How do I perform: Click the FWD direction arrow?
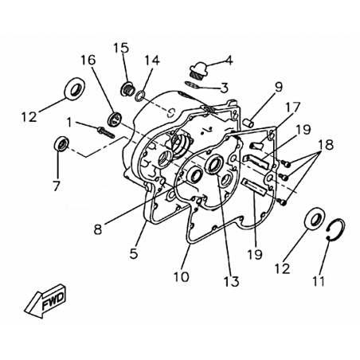pyautogui.click(x=45, y=300)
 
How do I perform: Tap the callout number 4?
pyautogui.click(x=229, y=61)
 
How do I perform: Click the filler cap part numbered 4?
pyautogui.click(x=201, y=68)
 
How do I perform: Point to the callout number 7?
pyautogui.click(x=56, y=186)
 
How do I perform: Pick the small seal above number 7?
pyautogui.click(x=61, y=143)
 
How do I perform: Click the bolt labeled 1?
pyautogui.click(x=106, y=132)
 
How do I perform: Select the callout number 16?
pyautogui.click(x=88, y=61)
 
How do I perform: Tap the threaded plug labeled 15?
pyautogui.click(x=127, y=88)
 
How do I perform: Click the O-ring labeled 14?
pyautogui.click(x=140, y=96)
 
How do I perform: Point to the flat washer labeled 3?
pyautogui.click(x=192, y=84)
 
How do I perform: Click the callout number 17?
pyautogui.click(x=292, y=107)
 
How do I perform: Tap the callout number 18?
pyautogui.click(x=326, y=145)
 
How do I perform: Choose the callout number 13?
pyautogui.click(x=232, y=281)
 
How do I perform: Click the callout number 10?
pyautogui.click(x=182, y=277)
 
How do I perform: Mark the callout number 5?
pyautogui.click(x=134, y=254)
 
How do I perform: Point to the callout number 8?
pyautogui.click(x=98, y=229)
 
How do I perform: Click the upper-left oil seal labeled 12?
pyautogui.click(x=76, y=88)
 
